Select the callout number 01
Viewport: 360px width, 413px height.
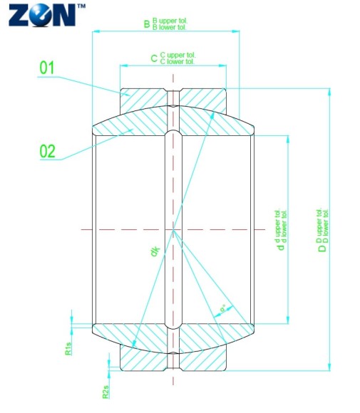coord(47,68)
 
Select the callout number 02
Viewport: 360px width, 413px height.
coord(47,151)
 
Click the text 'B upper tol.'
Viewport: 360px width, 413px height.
coord(170,22)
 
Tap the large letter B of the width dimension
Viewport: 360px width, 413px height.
coord(147,25)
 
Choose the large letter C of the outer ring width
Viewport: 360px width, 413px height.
coord(154,58)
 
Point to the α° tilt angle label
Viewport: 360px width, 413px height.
coord(223,308)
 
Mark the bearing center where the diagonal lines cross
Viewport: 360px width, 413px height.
coord(173,229)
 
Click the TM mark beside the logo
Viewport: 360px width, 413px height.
coord(81,6)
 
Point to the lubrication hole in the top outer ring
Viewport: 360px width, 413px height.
coord(173,98)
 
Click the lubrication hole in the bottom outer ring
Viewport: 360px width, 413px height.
coord(173,362)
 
